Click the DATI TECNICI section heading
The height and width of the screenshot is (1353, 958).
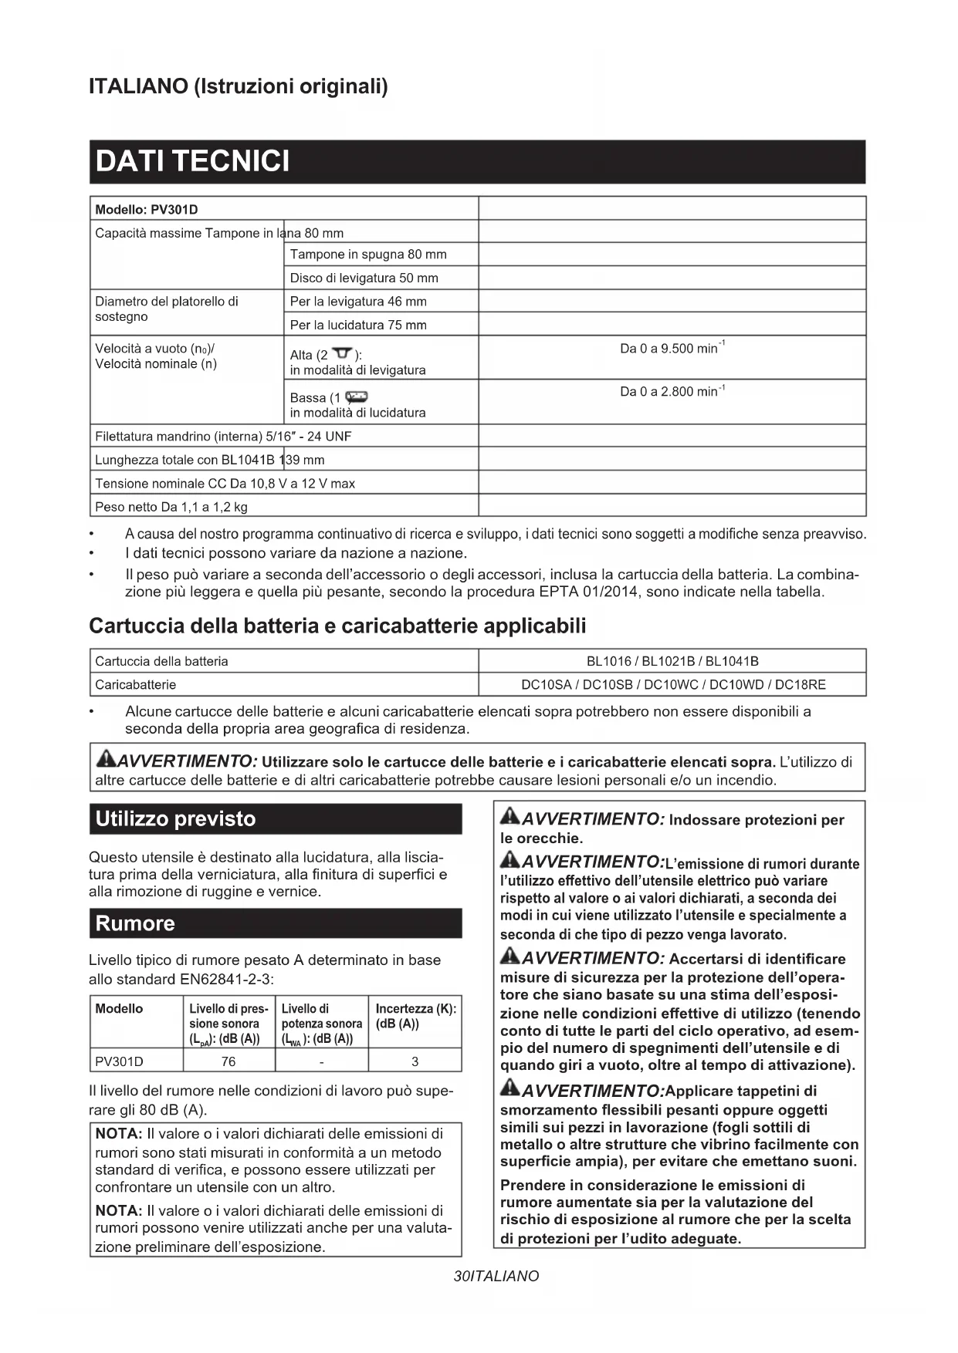[192, 161]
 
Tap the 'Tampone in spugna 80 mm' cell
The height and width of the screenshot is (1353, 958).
[368, 255]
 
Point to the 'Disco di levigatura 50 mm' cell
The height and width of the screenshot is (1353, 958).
[364, 278]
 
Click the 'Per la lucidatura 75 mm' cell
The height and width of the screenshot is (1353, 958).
[358, 325]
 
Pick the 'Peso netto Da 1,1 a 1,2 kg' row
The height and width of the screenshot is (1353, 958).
[171, 507]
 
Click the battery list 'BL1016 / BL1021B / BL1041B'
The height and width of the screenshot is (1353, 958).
[672, 661]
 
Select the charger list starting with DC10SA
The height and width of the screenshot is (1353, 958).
[672, 684]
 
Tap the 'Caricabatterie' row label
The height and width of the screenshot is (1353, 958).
[136, 684]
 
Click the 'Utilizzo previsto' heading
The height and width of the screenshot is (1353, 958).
[175, 818]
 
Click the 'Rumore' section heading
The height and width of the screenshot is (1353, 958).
[135, 923]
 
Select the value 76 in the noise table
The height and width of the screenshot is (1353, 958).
[228, 1061]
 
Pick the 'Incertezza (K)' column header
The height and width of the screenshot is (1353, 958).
[415, 1016]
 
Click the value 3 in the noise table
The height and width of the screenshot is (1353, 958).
[415, 1061]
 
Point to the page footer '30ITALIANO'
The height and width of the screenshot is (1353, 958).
[496, 1276]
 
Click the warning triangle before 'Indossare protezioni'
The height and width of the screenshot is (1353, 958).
[509, 818]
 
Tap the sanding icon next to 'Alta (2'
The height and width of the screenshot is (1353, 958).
[342, 354]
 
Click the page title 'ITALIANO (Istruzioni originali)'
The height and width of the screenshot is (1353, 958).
[239, 86]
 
